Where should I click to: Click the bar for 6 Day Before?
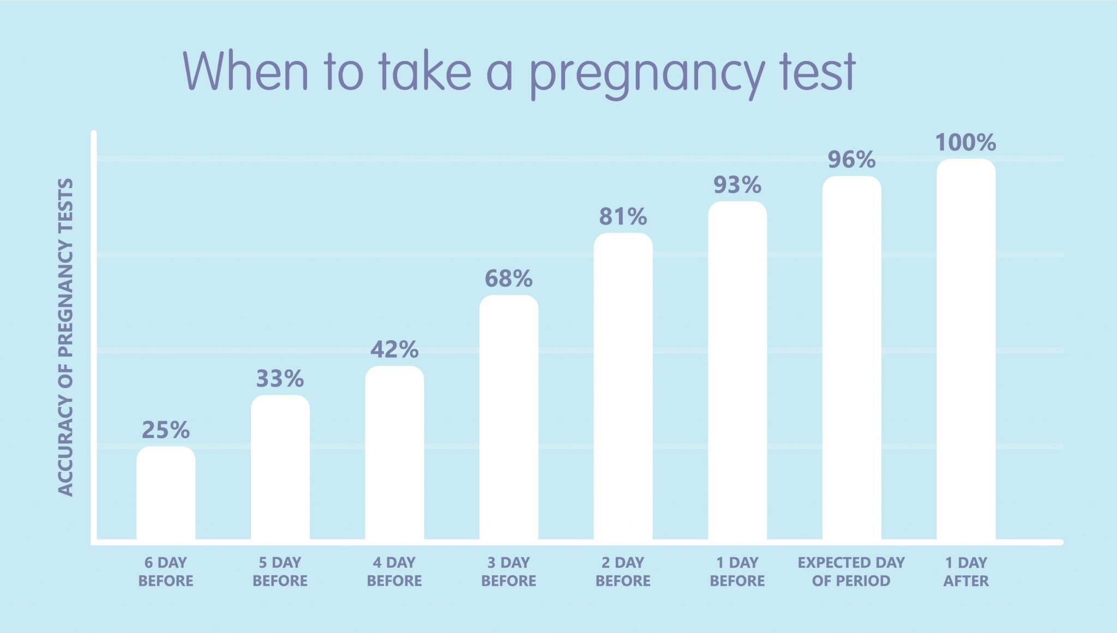(x=166, y=493)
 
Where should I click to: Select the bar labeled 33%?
(x=280, y=468)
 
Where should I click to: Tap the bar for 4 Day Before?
(x=394, y=453)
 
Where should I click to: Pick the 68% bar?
(x=509, y=418)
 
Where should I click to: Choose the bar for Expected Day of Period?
(x=851, y=358)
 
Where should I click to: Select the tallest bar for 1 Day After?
(x=966, y=349)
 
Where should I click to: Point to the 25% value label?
(x=166, y=430)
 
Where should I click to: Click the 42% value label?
(x=394, y=349)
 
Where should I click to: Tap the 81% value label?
(x=623, y=217)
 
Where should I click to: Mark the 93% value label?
(x=737, y=185)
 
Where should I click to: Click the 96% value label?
(x=851, y=160)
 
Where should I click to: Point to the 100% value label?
(x=966, y=143)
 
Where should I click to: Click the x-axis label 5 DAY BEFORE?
(x=280, y=571)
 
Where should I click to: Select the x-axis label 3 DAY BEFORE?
(x=509, y=571)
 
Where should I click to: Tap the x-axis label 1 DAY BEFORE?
(x=737, y=571)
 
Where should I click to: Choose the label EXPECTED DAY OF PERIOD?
(x=851, y=571)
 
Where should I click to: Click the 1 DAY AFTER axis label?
(x=966, y=571)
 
